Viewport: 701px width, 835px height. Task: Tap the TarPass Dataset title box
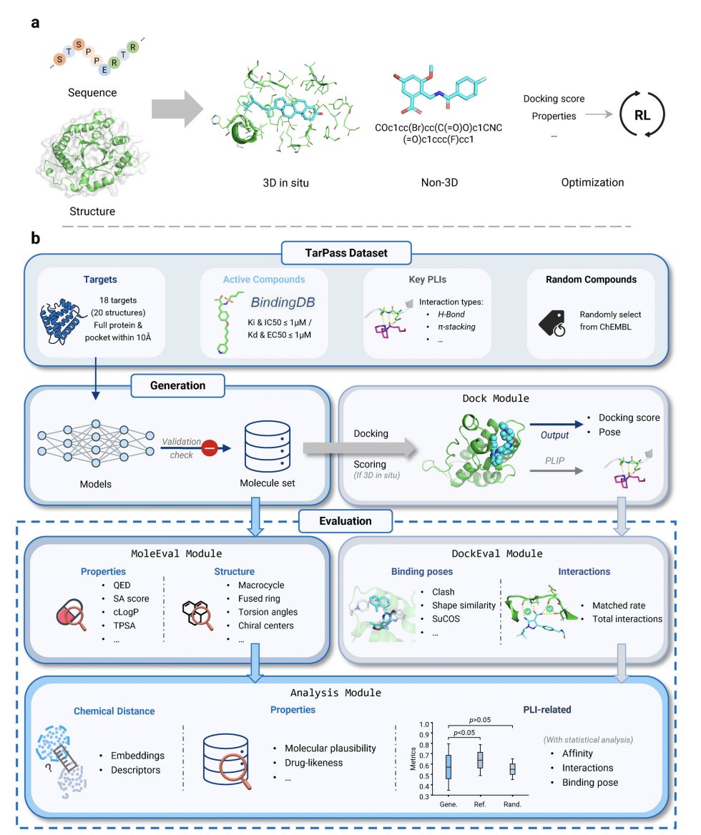[x=346, y=253]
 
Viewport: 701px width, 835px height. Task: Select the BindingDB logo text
[x=283, y=302]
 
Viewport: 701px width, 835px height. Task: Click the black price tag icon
[x=552, y=323]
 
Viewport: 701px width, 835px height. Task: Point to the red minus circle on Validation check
[x=210, y=448]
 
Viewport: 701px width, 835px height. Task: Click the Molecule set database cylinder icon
[x=268, y=447]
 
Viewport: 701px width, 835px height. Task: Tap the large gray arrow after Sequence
[x=177, y=109]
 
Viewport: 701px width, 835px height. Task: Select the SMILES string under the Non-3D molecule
[x=438, y=134]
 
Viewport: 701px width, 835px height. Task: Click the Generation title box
[x=178, y=385]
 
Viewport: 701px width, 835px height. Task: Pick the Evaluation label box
[x=345, y=521]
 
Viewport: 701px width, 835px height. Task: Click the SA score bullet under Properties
[x=131, y=598]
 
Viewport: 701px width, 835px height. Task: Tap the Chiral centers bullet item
[x=266, y=626]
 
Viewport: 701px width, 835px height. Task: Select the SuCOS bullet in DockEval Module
[x=446, y=619]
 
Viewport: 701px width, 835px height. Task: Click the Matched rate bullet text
[x=619, y=606]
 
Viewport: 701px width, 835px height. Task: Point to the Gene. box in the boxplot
[x=448, y=767]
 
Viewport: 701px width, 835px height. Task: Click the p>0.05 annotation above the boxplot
[x=480, y=720]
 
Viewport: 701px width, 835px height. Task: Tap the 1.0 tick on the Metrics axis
[x=424, y=724]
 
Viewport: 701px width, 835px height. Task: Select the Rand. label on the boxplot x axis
[x=512, y=804]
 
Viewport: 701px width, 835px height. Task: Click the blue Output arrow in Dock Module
[x=556, y=425]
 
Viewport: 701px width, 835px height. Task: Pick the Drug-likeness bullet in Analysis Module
[x=314, y=763]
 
